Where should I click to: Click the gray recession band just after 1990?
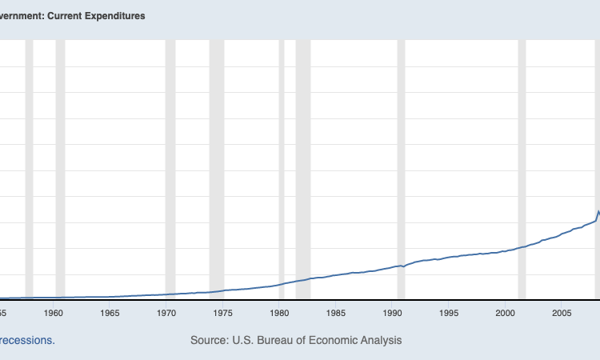(401, 160)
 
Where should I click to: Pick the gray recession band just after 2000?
(522, 160)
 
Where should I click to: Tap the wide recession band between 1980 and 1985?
(302, 160)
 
